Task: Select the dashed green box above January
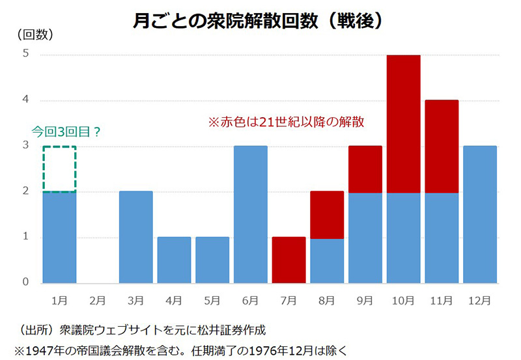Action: pyautogui.click(x=59, y=169)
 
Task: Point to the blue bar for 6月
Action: pyautogui.click(x=251, y=214)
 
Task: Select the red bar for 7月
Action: pyautogui.click(x=289, y=260)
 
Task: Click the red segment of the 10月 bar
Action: pyautogui.click(x=403, y=124)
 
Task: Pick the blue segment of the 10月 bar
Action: pyautogui.click(x=403, y=238)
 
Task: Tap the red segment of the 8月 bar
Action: pyautogui.click(x=327, y=215)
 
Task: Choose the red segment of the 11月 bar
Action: pyautogui.click(x=442, y=146)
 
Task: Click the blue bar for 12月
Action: pyautogui.click(x=480, y=214)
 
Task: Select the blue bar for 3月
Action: pyautogui.click(x=135, y=237)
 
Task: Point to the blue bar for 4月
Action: pyautogui.click(x=174, y=260)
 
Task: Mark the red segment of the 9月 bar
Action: pyautogui.click(x=365, y=169)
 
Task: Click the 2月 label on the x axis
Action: pyautogui.click(x=97, y=301)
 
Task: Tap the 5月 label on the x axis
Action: pyautogui.click(x=212, y=301)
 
